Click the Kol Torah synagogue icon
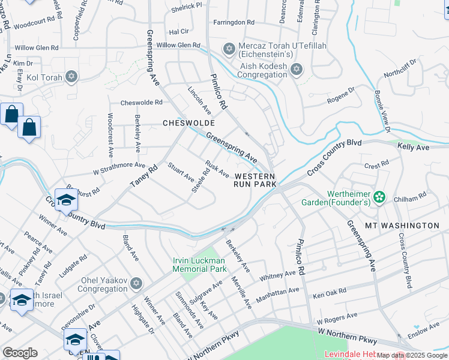point(71,76)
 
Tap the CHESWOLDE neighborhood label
point(189,123)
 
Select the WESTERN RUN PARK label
point(255,181)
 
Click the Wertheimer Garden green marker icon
point(379,196)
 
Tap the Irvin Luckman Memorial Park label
point(200,265)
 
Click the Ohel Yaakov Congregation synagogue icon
point(136,283)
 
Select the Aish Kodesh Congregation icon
point(295,70)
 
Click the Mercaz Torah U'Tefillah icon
point(228,48)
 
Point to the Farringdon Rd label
point(234,22)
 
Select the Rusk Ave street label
point(217,169)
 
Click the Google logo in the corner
point(20,353)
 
